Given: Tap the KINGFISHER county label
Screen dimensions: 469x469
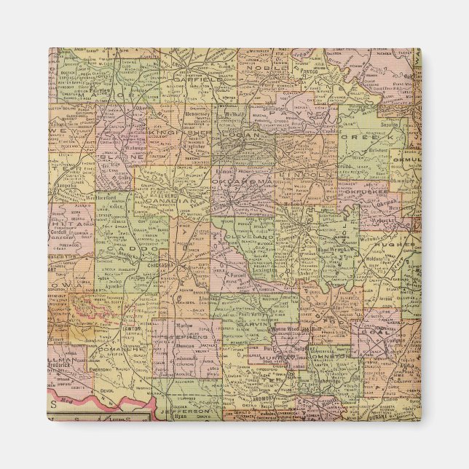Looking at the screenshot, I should [x=172, y=133].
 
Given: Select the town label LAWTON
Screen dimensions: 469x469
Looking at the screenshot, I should [x=132, y=328].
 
